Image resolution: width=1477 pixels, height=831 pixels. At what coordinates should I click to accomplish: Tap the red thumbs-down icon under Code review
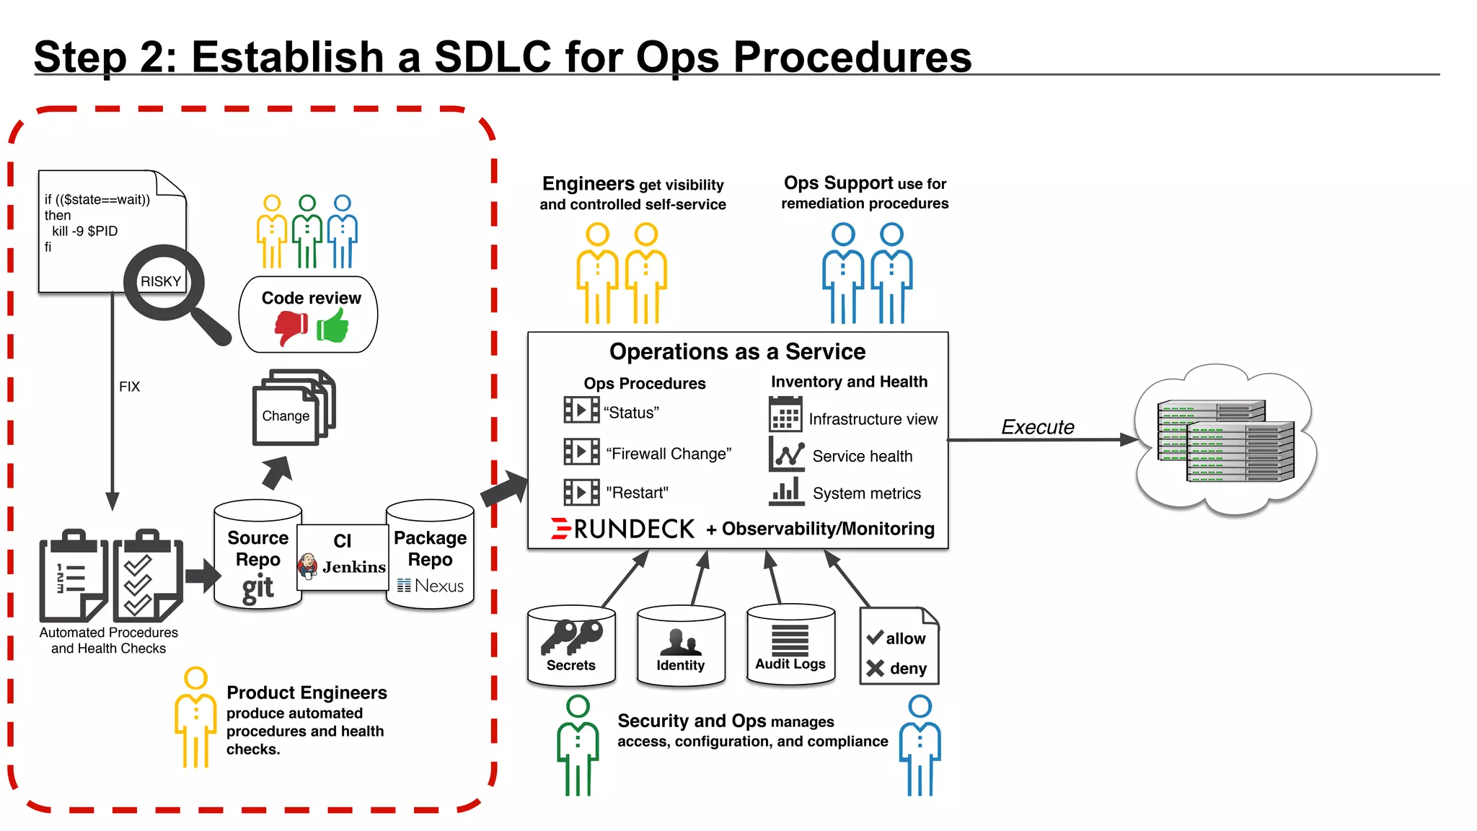point(291,327)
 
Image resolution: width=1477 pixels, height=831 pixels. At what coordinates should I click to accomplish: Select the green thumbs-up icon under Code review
point(333,326)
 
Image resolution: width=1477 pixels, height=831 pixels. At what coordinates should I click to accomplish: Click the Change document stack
point(292,409)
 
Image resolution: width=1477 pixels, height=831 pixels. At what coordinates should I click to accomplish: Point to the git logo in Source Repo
point(257,588)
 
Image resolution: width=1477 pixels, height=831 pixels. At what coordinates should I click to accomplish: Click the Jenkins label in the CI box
point(353,567)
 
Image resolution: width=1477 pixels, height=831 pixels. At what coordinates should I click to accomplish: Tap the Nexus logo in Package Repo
point(431,586)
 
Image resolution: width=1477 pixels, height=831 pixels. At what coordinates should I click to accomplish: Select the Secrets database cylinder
point(571,645)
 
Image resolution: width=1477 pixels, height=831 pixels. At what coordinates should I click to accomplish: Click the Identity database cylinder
point(681,645)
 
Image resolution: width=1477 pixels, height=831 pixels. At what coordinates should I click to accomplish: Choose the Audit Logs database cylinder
point(790,643)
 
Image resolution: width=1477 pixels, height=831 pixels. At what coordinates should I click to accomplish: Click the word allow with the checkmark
point(904,638)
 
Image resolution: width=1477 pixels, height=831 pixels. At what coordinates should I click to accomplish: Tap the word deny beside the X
point(907,669)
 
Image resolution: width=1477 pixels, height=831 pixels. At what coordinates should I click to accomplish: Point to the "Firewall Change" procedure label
point(669,454)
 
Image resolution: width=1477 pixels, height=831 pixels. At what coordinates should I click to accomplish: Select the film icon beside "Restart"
point(581,493)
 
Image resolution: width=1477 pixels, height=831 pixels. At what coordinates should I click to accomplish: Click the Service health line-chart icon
point(786,454)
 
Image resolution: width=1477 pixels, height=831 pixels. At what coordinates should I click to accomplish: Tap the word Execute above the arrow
point(1037,427)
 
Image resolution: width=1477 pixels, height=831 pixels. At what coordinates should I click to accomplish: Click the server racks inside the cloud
point(1226,441)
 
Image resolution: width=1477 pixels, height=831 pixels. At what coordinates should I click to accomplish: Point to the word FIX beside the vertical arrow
point(129,387)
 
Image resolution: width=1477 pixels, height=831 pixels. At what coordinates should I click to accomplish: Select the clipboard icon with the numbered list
point(74,577)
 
